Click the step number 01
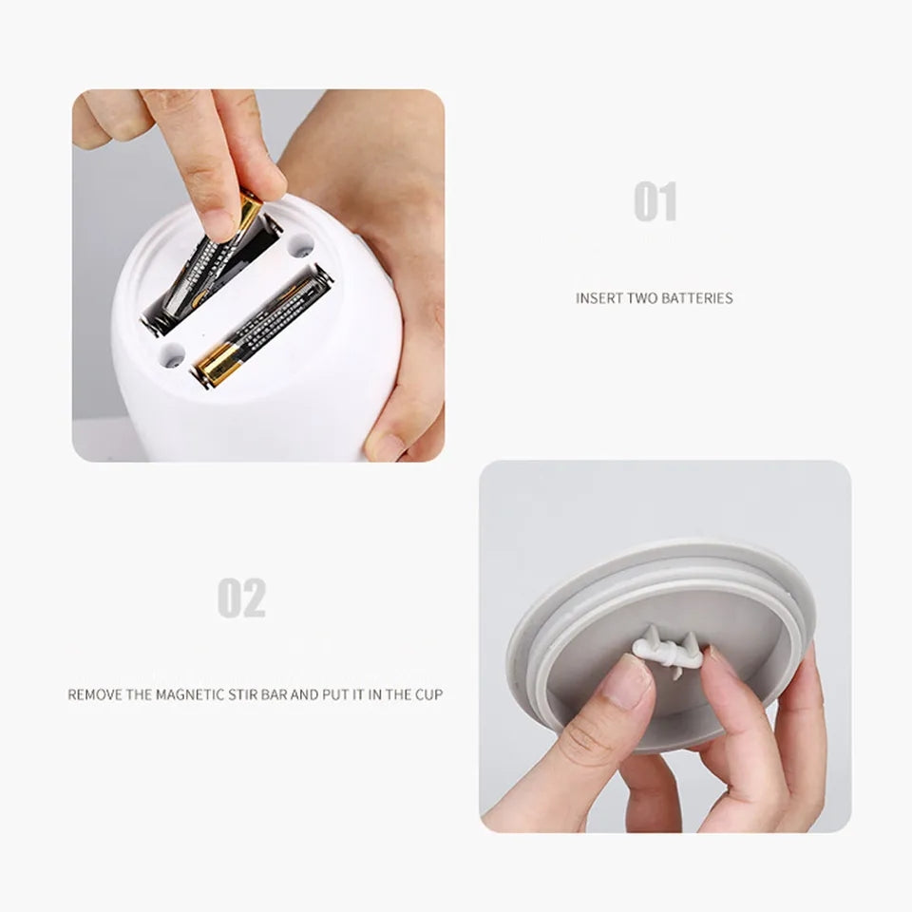(x=655, y=202)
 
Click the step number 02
(x=241, y=598)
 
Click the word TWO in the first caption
(x=642, y=298)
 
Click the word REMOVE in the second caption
(x=95, y=694)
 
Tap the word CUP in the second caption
(x=427, y=694)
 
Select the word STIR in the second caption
(x=239, y=694)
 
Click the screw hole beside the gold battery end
(x=172, y=359)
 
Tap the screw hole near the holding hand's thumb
(x=301, y=247)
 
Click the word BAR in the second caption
(x=273, y=694)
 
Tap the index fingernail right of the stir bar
(x=719, y=657)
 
